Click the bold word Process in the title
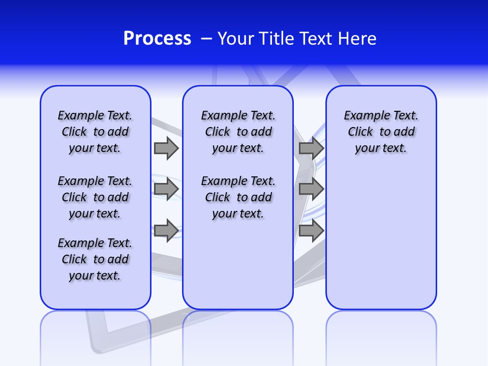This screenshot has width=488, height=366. click(157, 39)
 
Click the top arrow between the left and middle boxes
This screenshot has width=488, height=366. click(166, 148)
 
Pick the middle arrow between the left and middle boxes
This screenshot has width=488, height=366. click(166, 189)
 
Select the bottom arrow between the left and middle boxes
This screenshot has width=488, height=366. click(166, 231)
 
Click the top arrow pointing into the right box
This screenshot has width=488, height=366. click(311, 148)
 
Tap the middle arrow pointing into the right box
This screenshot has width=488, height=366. click(311, 189)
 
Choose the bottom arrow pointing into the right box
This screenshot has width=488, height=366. click(311, 231)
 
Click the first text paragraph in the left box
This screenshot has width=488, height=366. click(95, 132)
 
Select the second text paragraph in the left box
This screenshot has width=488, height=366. click(95, 197)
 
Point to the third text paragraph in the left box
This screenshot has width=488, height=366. click(95, 259)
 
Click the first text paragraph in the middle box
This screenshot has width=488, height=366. click(238, 132)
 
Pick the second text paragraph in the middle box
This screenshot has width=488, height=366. click(238, 197)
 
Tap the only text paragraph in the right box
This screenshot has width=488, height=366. click(381, 132)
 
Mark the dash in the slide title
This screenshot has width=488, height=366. click(206, 39)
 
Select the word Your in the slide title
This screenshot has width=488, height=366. click(236, 39)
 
